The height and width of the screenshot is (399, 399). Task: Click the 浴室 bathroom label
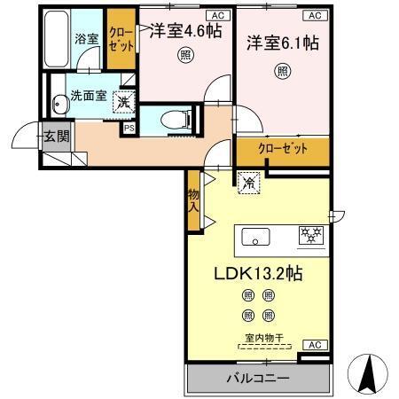click(85, 40)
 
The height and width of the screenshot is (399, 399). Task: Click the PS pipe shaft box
click(129, 128)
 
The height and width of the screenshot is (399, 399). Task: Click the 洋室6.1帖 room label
click(282, 43)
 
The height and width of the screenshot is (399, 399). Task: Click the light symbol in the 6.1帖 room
click(282, 70)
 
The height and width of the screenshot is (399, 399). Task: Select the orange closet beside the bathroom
click(121, 40)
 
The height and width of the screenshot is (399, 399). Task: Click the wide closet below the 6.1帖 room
click(283, 149)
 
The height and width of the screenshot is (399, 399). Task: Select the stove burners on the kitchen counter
click(310, 236)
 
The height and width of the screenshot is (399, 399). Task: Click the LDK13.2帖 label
click(256, 275)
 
